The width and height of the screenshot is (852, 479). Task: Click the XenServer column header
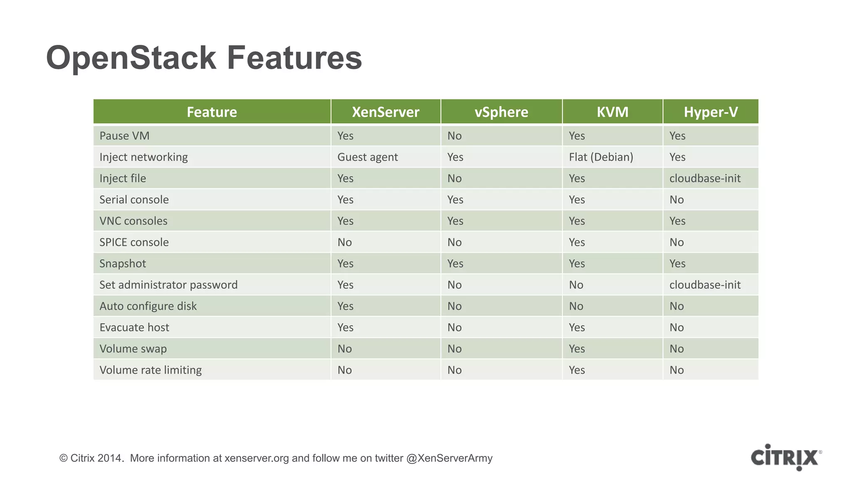pyautogui.click(x=385, y=112)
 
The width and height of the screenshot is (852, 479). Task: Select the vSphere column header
pyautogui.click(x=501, y=112)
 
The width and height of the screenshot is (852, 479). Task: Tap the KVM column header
pyautogui.click(x=612, y=112)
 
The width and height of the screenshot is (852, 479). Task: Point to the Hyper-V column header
pyautogui.click(x=711, y=112)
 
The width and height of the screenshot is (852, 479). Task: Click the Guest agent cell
pyautogui.click(x=367, y=157)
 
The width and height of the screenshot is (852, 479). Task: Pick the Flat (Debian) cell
pyautogui.click(x=601, y=157)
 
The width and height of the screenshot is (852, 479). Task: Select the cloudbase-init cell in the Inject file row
pyautogui.click(x=705, y=178)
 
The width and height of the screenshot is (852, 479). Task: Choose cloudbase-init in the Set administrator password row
pyautogui.click(x=705, y=285)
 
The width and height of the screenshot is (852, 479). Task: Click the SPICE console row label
pyautogui.click(x=134, y=242)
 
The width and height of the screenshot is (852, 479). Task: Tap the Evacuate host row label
pyautogui.click(x=134, y=328)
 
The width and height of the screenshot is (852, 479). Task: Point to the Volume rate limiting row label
pyautogui.click(x=151, y=370)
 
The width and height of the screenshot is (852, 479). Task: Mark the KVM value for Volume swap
pyautogui.click(x=577, y=349)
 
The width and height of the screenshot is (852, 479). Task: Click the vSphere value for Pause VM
pyautogui.click(x=454, y=136)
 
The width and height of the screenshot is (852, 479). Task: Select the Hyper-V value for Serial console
pyautogui.click(x=676, y=200)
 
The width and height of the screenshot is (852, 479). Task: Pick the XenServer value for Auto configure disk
pyautogui.click(x=345, y=306)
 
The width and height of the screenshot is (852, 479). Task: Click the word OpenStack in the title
pyautogui.click(x=131, y=58)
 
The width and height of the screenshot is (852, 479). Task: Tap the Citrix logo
pyautogui.click(x=785, y=457)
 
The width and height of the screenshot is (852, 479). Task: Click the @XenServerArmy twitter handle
pyautogui.click(x=449, y=458)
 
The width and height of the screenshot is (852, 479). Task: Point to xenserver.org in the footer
pyautogui.click(x=257, y=458)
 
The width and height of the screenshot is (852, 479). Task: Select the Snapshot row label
pyautogui.click(x=123, y=264)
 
